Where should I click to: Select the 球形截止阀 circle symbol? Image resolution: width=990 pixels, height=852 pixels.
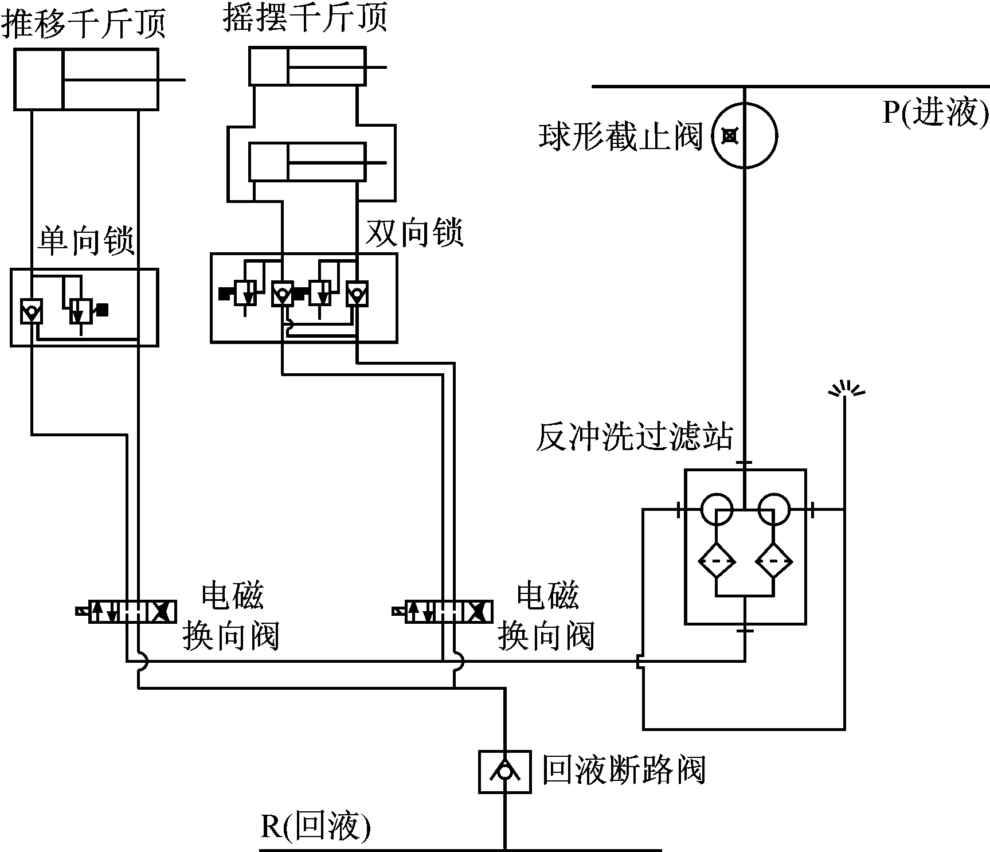pos(745,136)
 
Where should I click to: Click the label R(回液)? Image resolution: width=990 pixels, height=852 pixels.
pos(316,827)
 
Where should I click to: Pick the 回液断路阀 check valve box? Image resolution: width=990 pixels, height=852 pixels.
pos(505,772)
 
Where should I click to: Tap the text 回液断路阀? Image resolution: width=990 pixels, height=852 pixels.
pos(624,771)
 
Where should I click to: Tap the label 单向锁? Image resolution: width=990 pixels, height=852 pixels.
pos(86,241)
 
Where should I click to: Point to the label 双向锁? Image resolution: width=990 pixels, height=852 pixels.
pos(414,233)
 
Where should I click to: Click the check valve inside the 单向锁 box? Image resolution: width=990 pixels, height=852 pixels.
pos(31,311)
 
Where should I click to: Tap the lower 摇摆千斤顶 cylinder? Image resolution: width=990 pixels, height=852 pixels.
pos(307,162)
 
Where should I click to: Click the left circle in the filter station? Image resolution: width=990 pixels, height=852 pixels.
pos(717,509)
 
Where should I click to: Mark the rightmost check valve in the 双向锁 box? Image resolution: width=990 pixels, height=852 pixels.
pos(357,294)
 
